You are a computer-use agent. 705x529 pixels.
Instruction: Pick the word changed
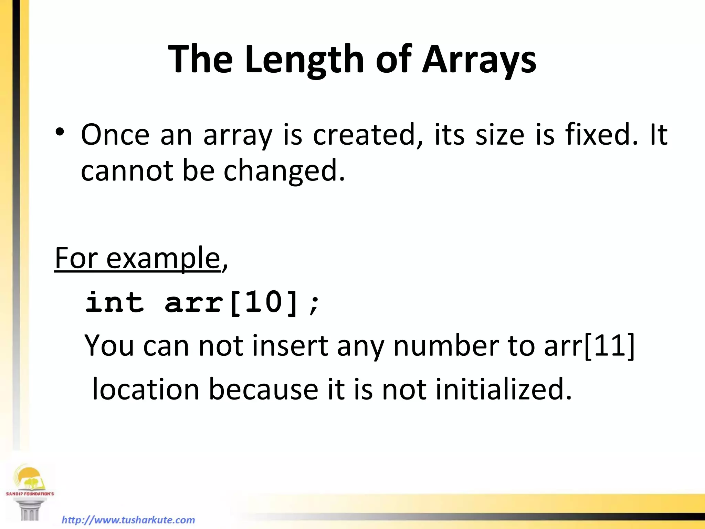pyautogui.click(x=284, y=171)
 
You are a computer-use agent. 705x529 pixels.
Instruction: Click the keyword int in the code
pyautogui.click(x=115, y=302)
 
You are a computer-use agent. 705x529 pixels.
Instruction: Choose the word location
pyautogui.click(x=146, y=389)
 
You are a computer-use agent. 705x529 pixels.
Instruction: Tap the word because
pyautogui.click(x=263, y=389)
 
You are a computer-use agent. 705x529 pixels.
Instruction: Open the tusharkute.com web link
pyautogui.click(x=128, y=520)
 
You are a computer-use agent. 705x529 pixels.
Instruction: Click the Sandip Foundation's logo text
pyautogui.click(x=30, y=494)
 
